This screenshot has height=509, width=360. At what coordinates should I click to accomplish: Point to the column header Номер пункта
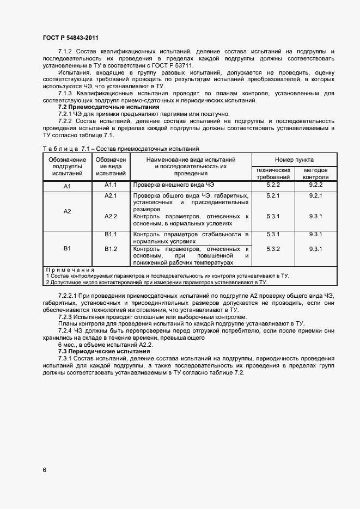coord(294,160)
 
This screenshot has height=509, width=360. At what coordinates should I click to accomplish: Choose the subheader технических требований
coord(273,174)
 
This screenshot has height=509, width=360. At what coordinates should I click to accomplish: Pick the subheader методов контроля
coord(315,174)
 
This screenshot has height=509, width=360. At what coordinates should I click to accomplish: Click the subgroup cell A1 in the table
coord(68,186)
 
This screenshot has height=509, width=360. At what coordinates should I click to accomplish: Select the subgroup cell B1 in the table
coord(68,248)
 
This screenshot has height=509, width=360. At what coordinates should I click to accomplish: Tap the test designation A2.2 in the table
coord(111,216)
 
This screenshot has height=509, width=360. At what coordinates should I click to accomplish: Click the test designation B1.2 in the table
coord(111,249)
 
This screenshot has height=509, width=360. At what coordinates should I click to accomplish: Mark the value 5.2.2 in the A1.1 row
coord(273,185)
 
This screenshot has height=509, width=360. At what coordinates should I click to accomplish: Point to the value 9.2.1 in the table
coord(315,195)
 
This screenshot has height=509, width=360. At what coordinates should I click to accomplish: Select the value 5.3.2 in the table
coord(273,249)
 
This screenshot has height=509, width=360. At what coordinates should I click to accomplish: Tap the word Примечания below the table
coord(70,269)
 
